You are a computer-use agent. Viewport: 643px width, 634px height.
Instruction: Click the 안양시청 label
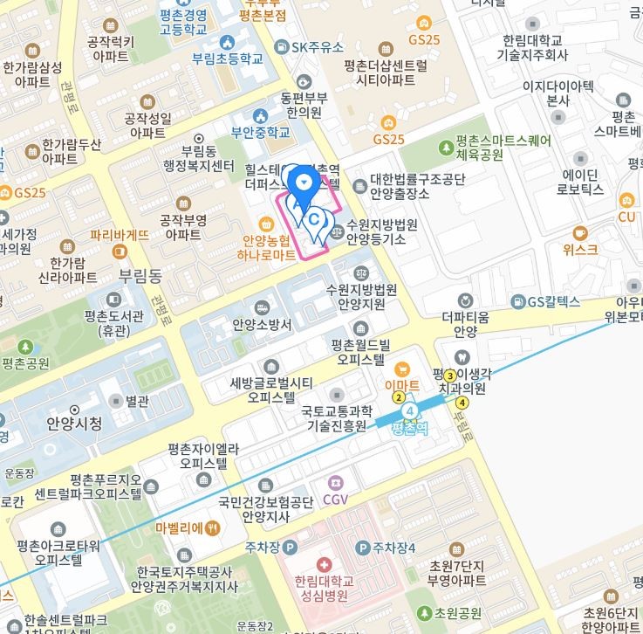[74, 424]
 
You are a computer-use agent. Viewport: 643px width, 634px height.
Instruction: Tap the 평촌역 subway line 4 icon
[409, 410]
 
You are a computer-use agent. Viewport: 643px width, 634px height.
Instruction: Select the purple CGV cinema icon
[336, 482]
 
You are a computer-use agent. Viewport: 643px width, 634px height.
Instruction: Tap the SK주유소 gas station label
[318, 47]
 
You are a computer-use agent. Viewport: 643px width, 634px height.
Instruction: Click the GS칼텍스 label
[553, 302]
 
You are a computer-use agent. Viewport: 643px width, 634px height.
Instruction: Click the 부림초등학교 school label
[228, 59]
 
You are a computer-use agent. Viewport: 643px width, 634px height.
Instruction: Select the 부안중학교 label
[260, 134]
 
